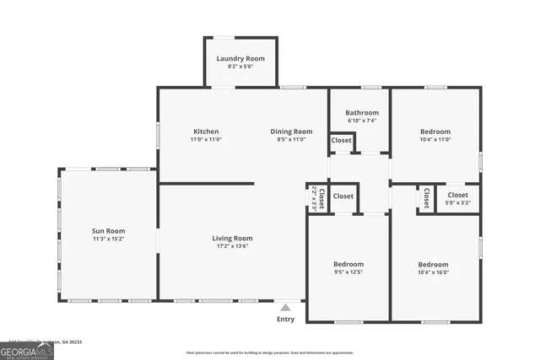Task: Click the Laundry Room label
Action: (240, 58)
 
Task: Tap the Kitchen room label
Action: (206, 132)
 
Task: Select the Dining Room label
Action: (291, 132)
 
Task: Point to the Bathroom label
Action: (362, 112)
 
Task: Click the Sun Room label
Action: (108, 230)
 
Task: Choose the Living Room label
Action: (232, 239)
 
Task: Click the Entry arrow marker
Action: (286, 308)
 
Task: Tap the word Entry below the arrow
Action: (286, 320)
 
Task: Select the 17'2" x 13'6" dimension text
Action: (232, 247)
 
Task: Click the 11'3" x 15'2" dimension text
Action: (108, 239)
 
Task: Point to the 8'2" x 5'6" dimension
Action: (240, 67)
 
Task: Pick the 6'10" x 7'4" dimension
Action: (362, 121)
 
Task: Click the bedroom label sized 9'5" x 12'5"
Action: (348, 264)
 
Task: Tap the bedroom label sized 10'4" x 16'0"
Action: (434, 264)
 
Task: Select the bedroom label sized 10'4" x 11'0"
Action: (435, 132)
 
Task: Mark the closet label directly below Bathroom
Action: (342, 141)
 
